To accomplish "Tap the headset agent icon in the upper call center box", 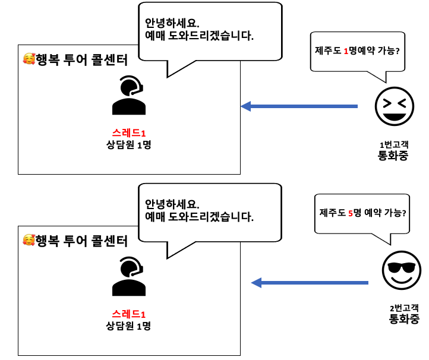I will pos(129,95).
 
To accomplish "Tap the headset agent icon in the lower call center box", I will pos(129,276).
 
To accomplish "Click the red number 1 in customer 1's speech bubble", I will pos(346,51).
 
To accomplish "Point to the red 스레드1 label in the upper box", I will pos(129,132).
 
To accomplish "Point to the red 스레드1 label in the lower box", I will pos(129,314).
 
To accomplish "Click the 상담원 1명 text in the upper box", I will pos(129,144).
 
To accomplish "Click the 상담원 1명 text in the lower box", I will pos(129,326).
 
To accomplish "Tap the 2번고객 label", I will pos(404,308).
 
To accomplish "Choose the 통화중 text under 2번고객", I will pos(404,320).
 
